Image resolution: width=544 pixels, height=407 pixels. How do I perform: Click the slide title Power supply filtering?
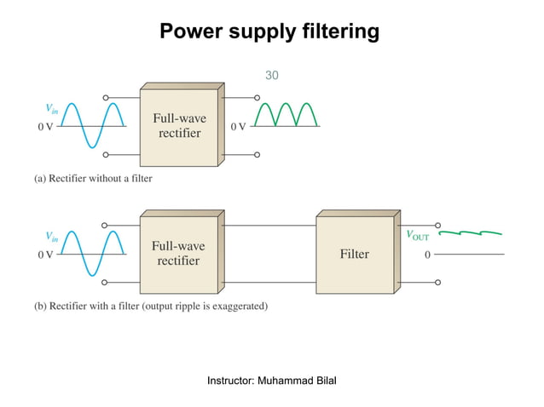pos(270,32)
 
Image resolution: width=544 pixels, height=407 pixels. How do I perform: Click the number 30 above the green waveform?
pos(271,76)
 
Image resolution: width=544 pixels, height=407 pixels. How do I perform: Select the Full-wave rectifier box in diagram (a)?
pos(178,126)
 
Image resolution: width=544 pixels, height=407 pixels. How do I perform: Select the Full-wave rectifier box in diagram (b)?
pos(178,253)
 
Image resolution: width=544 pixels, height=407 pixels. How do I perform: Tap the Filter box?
pos(354,254)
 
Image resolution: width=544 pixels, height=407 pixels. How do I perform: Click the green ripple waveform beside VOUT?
pos(469,231)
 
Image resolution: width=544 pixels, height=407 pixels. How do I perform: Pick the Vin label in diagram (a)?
pos(53,108)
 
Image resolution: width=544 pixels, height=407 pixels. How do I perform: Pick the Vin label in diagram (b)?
pos(53,236)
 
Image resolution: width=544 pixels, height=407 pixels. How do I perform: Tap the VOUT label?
pos(417,236)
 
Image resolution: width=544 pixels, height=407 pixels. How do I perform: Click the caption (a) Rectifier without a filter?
pos(93,179)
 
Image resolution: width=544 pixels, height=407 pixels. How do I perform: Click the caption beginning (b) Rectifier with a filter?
pos(150,306)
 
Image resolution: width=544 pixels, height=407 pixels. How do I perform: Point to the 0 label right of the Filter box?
pos(427,254)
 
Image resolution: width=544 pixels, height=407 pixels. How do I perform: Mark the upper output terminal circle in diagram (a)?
pos(257,98)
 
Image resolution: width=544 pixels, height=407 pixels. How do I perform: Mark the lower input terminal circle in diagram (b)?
pos(106,282)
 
